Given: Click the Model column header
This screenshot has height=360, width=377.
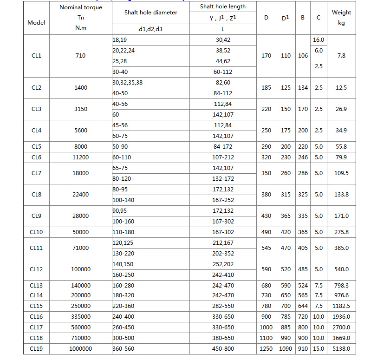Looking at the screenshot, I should pos(36,22).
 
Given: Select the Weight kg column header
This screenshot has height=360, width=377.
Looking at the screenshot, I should pos(341,17).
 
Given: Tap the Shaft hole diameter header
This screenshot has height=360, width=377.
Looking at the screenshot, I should pos(150,13).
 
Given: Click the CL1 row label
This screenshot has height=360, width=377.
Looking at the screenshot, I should pos(36,56).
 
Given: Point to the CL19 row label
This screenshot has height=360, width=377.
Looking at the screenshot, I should pos(36,349).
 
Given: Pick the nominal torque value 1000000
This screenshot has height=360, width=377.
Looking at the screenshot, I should pos(80,349).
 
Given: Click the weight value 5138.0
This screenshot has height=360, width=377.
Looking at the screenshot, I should pos(341,349).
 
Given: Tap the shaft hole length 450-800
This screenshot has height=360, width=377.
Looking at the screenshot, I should pos(223,349).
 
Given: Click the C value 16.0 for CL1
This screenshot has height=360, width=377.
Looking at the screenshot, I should pos(318,40).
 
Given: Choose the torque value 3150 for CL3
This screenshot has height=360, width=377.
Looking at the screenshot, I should pos(80,109).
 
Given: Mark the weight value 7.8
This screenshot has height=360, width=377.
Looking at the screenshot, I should pos(341,56).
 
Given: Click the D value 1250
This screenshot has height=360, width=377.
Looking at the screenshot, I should pos(266,349).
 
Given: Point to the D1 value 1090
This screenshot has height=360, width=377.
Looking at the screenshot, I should pos(286,349).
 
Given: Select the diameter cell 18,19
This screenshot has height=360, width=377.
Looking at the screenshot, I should pos(119,40).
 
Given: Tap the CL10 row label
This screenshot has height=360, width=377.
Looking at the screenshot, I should pos(36,232).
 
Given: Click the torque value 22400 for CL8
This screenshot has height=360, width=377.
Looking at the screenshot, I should pos(80,195).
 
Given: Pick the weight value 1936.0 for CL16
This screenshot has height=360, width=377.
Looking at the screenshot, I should pos(341,317).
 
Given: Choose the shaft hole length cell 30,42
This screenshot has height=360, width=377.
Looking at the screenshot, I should pos(223,40).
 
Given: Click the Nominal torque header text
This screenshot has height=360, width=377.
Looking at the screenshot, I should pos(81,7).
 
